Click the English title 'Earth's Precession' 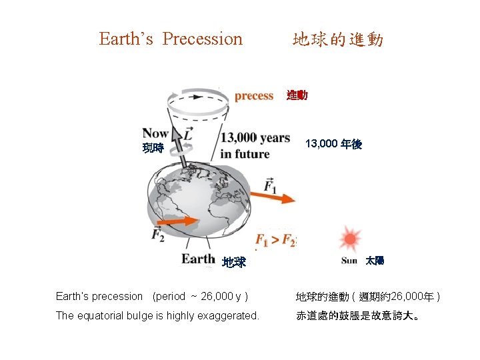coord(171,39)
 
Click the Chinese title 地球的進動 coord(337,40)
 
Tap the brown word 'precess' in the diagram coord(253,96)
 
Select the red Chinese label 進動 coord(297,96)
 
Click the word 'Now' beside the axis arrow coord(155,133)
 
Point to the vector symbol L coord(189,133)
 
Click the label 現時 coord(153,148)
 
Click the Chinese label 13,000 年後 coord(333,144)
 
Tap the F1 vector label coord(271,184)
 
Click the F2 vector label coord(158,234)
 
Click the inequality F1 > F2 coord(275,240)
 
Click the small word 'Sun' coord(349,261)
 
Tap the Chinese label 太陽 coord(374,260)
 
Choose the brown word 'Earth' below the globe coord(198,259)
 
